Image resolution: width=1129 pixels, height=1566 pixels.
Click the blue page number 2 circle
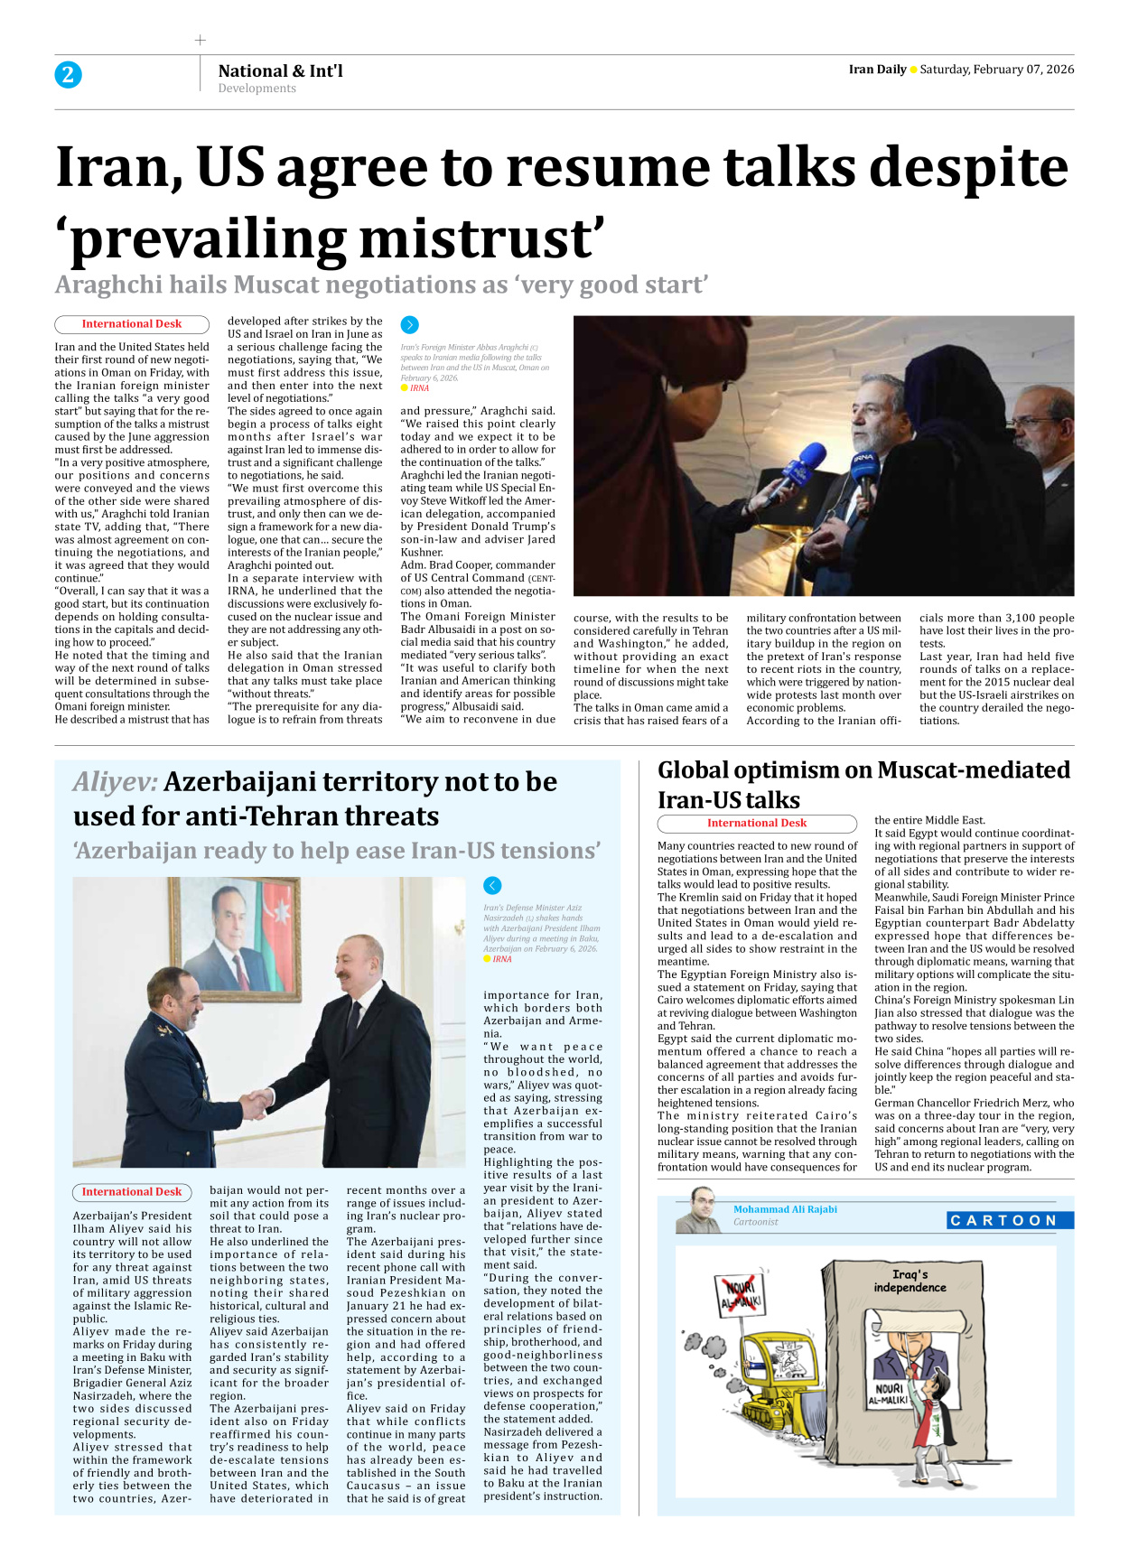(68, 74)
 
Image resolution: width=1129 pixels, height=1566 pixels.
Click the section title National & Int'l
(280, 70)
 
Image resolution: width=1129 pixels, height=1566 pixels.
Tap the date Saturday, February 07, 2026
(996, 70)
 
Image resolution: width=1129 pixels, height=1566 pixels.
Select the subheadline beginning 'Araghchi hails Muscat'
(380, 284)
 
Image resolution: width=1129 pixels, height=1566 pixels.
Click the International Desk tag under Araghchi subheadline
(132, 324)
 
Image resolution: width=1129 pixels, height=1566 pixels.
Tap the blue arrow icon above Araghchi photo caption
(409, 324)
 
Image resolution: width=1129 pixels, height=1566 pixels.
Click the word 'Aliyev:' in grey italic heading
(115, 781)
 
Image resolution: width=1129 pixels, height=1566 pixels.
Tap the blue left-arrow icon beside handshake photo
(492, 886)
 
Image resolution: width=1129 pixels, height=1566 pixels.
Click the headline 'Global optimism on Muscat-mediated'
(863, 769)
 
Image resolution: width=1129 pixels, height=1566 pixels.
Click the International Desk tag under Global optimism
(756, 824)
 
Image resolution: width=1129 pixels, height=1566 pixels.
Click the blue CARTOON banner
(1009, 1220)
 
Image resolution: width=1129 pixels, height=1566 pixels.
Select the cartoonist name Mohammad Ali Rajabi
(785, 1209)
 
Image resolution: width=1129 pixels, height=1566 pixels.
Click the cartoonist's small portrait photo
(698, 1211)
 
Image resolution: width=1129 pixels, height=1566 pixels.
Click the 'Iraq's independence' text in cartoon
(910, 1281)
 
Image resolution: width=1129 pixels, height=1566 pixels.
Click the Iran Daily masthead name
(877, 70)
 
